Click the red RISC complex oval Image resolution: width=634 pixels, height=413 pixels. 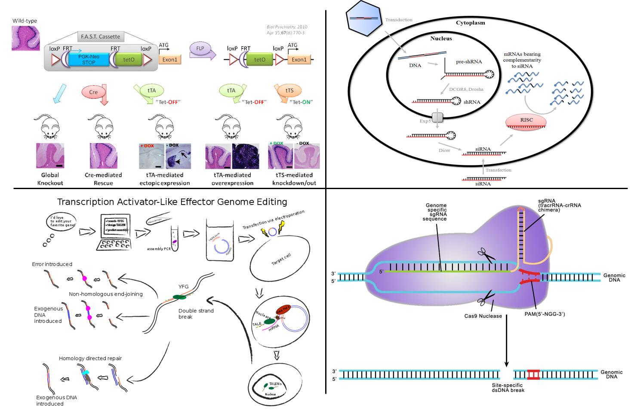(526, 121)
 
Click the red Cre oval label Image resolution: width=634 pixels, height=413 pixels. (93, 92)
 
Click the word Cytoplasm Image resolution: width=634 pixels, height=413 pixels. (470, 23)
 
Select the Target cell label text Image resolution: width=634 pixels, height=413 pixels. (281, 261)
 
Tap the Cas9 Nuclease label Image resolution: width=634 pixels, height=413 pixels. (483, 316)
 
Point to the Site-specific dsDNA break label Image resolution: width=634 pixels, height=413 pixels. (508, 387)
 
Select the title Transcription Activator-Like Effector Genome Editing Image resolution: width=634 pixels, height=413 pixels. (172, 202)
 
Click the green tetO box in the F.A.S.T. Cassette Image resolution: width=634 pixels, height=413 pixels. (129, 60)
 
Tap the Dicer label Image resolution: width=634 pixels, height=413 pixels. (444, 150)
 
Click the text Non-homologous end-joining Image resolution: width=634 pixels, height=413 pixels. (105, 294)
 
